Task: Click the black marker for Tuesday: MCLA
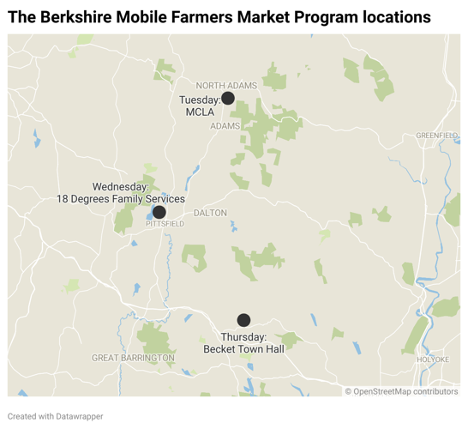228,98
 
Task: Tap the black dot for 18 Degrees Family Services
159,212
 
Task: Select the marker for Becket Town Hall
243,320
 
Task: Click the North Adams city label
226,85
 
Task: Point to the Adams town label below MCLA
225,125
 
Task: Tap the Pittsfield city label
165,223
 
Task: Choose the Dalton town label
211,213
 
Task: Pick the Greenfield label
437,136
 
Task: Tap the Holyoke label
431,359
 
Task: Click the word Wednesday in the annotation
120,186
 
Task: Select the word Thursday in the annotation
243,337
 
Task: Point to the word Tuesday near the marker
200,100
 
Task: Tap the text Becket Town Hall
243,349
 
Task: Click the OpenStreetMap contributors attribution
402,391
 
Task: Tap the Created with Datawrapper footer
56,416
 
